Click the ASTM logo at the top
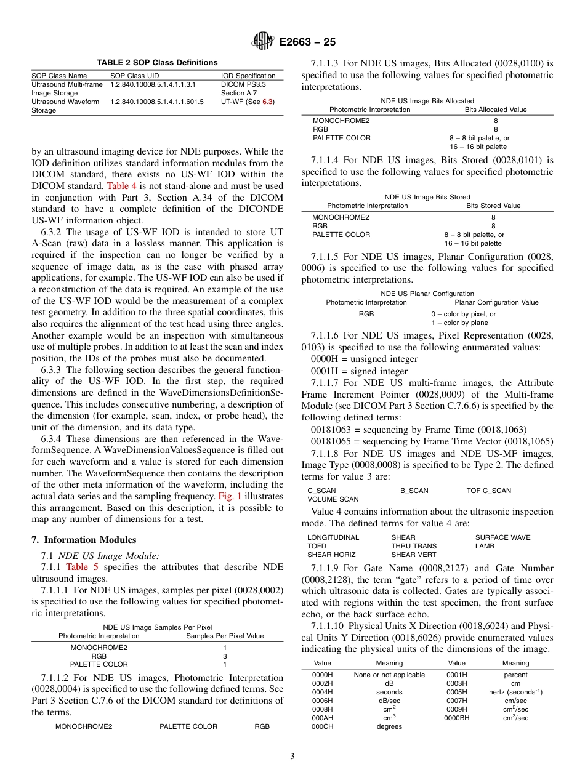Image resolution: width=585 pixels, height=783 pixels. point(264,42)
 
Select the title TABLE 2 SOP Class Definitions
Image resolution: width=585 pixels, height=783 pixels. point(157,62)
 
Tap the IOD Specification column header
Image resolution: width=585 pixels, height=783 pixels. point(248,76)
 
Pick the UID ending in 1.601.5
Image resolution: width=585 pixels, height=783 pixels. point(156,102)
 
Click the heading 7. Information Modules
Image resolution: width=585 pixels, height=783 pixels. point(84,540)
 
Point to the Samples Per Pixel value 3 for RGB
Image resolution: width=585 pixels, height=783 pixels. point(225,656)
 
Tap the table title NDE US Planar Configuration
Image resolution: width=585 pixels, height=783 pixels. point(427,294)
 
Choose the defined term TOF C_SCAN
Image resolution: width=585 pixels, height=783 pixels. point(488,491)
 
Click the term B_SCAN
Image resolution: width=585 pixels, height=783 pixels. point(414,491)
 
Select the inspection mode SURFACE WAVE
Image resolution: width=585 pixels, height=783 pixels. point(502,537)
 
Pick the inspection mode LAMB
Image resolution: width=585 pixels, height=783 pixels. point(485,546)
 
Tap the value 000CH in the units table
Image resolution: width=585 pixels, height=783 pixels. point(322,726)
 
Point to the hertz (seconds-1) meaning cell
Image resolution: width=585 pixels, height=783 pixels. point(515,692)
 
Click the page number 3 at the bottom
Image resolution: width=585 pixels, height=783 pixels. point(292,757)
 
